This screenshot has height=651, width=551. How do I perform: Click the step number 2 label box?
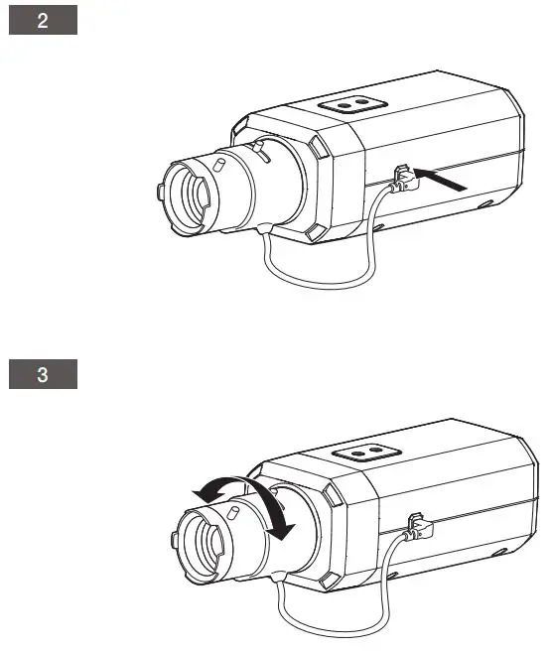coord(43,22)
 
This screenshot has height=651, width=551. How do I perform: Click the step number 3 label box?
coord(43,376)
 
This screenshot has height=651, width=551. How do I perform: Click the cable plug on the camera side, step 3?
coord(416,525)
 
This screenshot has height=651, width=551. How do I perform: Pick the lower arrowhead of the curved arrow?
coord(285,532)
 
